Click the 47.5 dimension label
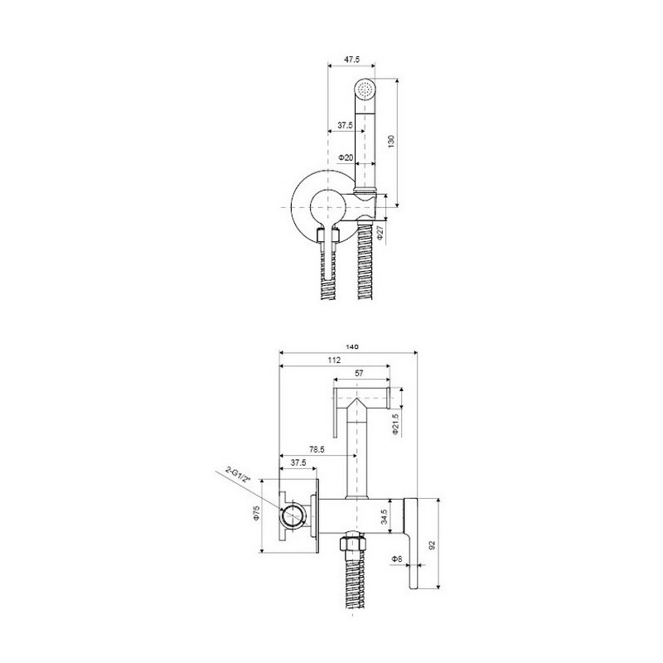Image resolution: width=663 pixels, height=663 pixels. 351,60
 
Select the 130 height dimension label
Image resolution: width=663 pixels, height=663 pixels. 391,141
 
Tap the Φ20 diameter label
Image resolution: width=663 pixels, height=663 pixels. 346,157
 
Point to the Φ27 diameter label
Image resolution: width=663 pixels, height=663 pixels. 380,234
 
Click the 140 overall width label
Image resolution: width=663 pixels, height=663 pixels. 352,346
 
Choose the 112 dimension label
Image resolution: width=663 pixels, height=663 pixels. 334,361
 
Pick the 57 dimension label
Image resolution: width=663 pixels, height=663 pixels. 359,374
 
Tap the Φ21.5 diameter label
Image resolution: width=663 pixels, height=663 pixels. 396,424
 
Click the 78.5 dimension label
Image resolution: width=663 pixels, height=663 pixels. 317,450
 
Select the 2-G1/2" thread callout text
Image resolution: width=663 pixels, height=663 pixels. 238,473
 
